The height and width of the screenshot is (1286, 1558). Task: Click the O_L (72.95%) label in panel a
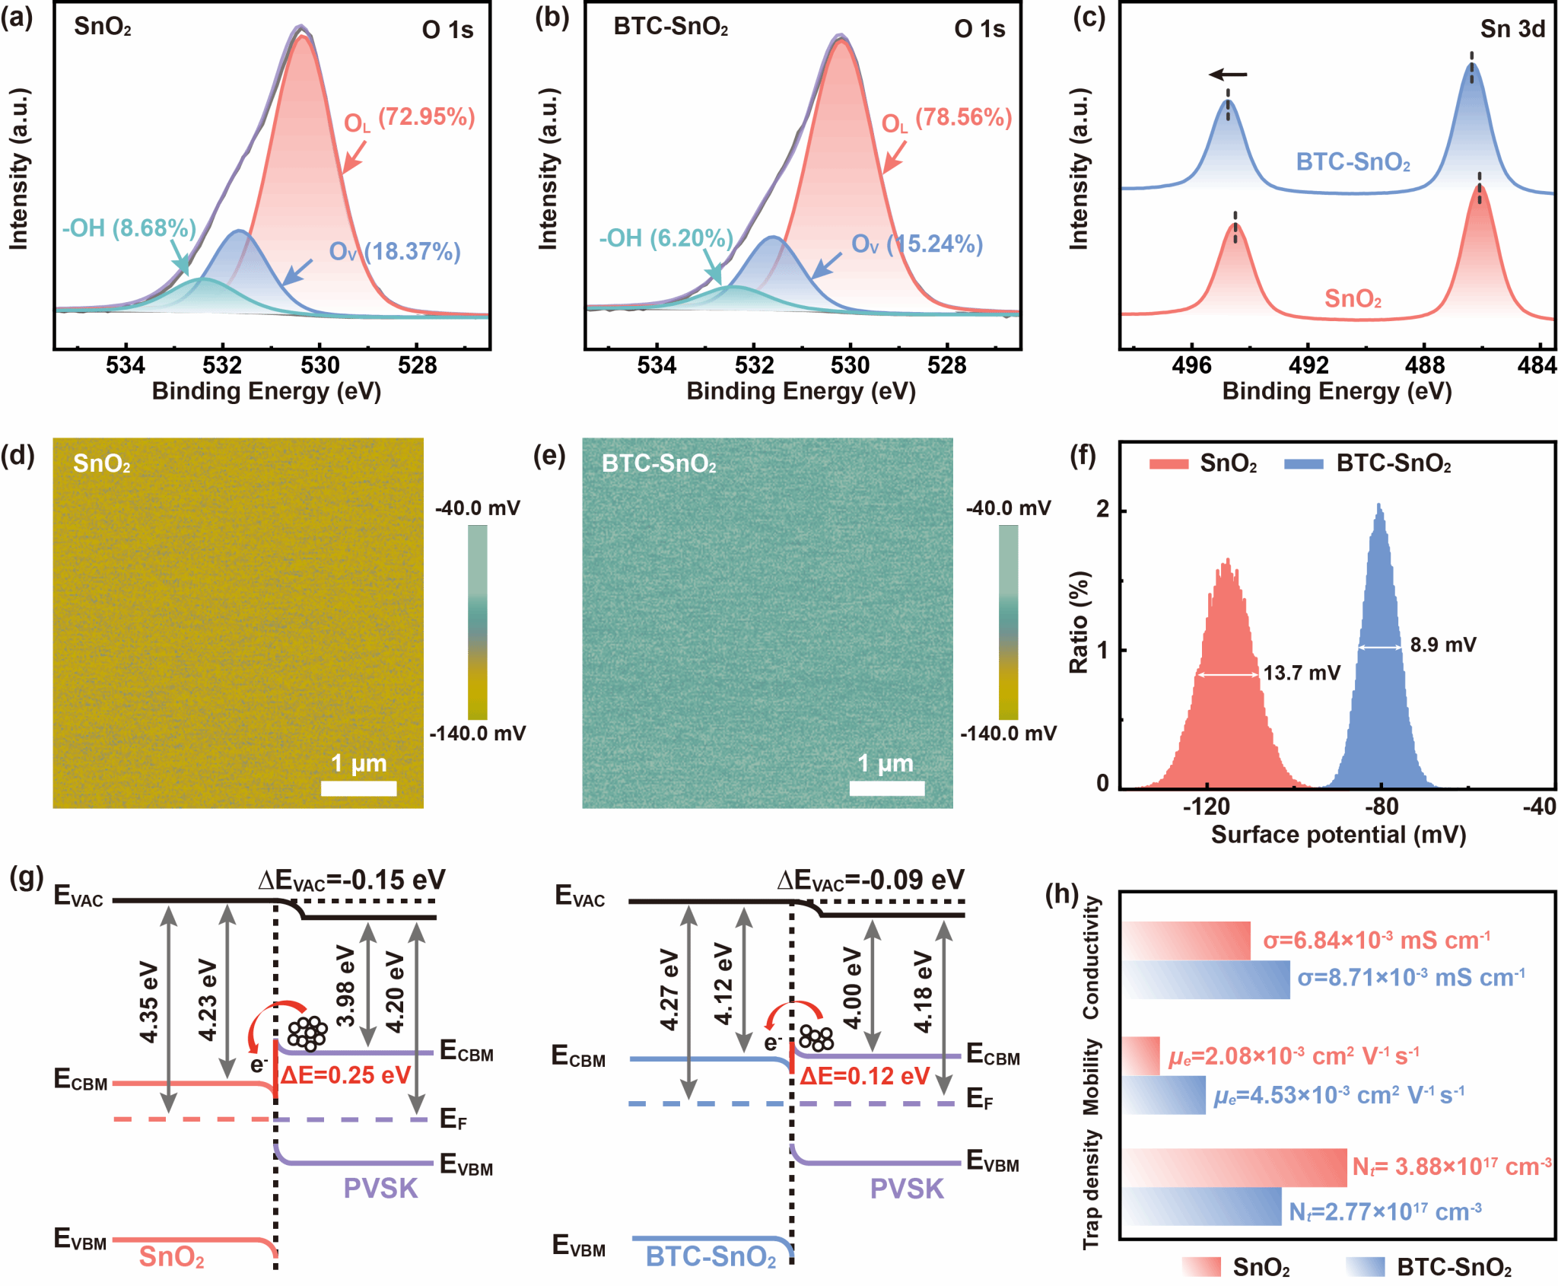[x=409, y=119]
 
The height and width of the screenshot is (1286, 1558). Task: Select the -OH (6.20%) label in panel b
[x=666, y=238]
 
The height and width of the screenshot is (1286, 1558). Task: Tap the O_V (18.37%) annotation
[x=395, y=251]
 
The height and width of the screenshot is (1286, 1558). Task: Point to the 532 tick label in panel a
[x=223, y=366]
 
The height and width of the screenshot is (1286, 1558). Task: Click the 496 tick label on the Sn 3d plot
[x=1191, y=366]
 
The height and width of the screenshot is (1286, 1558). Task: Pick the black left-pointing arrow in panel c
[x=1229, y=75]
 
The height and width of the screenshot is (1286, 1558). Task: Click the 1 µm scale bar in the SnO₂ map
[x=358, y=788]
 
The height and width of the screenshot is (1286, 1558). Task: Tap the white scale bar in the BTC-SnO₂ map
[x=887, y=788]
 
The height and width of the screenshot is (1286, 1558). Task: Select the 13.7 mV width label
[x=1302, y=673]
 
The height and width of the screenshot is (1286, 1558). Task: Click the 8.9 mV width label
[x=1443, y=645]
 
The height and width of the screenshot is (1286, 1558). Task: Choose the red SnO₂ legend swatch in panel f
[x=1168, y=463]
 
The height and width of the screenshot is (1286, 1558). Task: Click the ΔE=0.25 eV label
[x=345, y=1075]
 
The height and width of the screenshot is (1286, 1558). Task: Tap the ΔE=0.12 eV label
[x=865, y=1076]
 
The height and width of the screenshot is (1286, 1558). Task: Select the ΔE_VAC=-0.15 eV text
[x=351, y=880]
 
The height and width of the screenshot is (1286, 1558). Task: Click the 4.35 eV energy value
[x=149, y=1003]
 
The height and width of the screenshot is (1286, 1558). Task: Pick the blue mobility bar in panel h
[x=1163, y=1095]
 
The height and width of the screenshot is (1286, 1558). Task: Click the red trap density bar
[x=1233, y=1167]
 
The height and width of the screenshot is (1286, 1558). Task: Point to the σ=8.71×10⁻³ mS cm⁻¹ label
[x=1411, y=977]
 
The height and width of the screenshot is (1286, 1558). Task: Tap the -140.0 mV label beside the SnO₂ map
[x=478, y=734]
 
